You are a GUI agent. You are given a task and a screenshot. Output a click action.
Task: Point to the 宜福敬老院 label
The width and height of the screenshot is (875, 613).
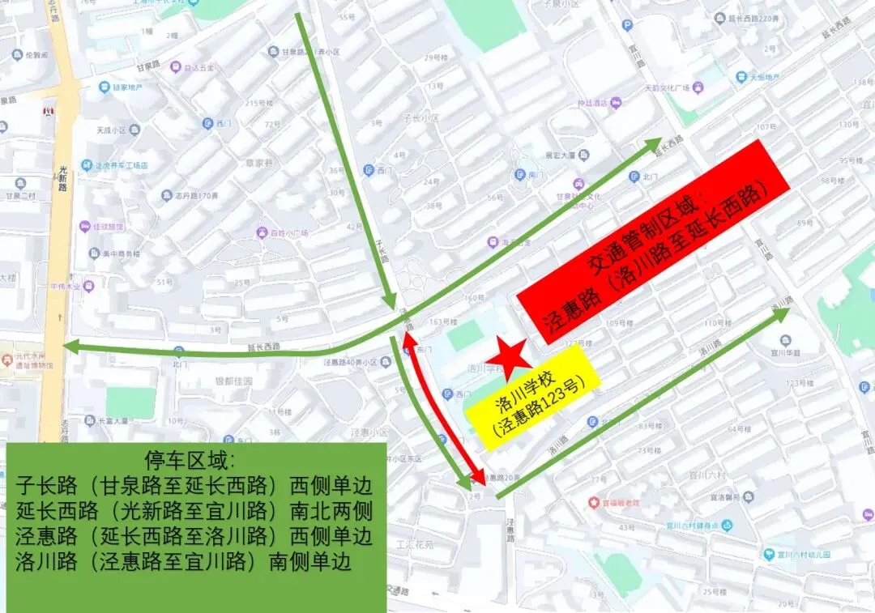point(619,503)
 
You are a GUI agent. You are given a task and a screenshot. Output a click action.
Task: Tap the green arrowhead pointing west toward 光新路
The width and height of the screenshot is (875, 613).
point(71,347)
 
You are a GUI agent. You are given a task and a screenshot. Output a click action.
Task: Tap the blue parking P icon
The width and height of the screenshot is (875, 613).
point(627,25)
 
